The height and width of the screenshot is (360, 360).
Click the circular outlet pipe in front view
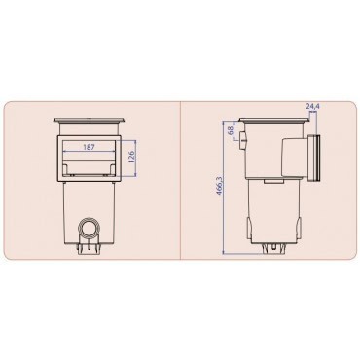click(x=90, y=230)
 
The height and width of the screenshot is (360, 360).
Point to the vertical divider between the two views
click(x=182, y=180)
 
